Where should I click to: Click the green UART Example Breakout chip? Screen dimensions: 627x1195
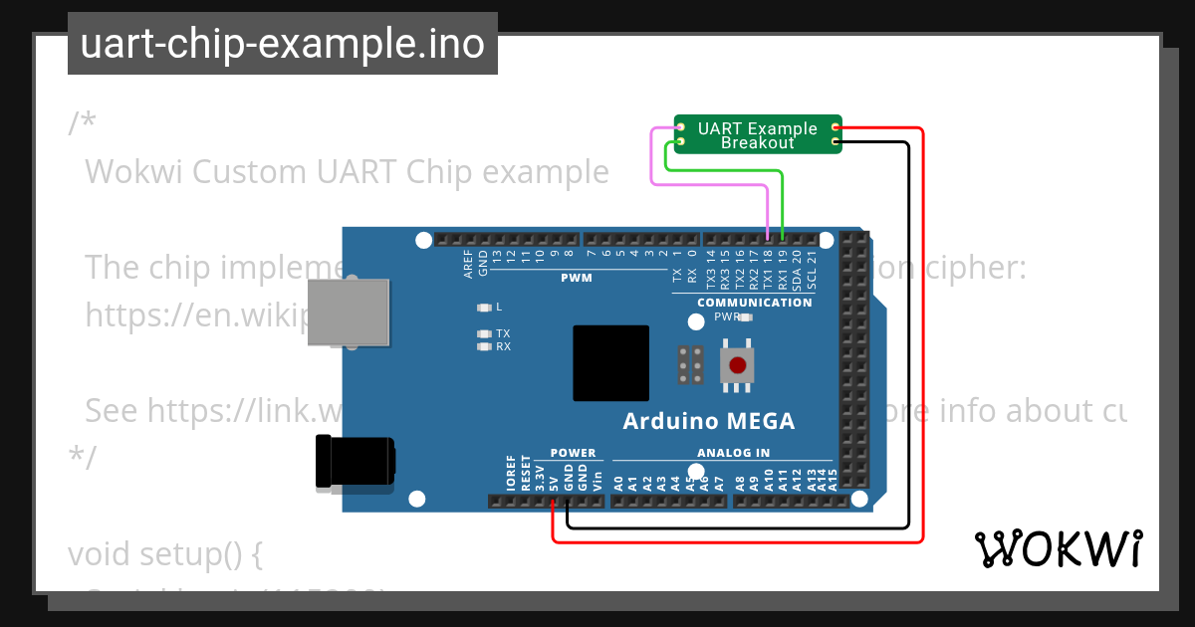click(x=758, y=135)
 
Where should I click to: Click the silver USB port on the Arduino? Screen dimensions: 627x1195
click(x=348, y=312)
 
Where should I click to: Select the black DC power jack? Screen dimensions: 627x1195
click(x=354, y=463)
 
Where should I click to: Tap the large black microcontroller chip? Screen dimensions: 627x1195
click(x=610, y=363)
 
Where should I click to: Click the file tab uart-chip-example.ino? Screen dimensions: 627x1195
click(x=283, y=44)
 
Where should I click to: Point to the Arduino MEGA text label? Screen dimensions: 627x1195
click(x=709, y=421)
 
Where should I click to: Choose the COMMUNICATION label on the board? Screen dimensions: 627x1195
click(x=754, y=303)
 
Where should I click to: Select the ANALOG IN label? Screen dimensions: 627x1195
click(x=733, y=453)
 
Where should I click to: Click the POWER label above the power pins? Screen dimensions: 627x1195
click(x=573, y=453)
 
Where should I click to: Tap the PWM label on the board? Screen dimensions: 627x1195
click(x=577, y=279)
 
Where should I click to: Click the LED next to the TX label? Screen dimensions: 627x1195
click(x=484, y=334)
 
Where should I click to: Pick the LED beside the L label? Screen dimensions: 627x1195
click(x=484, y=308)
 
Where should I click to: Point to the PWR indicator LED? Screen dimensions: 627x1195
click(x=746, y=317)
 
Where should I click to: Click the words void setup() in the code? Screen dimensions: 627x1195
click(x=164, y=553)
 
